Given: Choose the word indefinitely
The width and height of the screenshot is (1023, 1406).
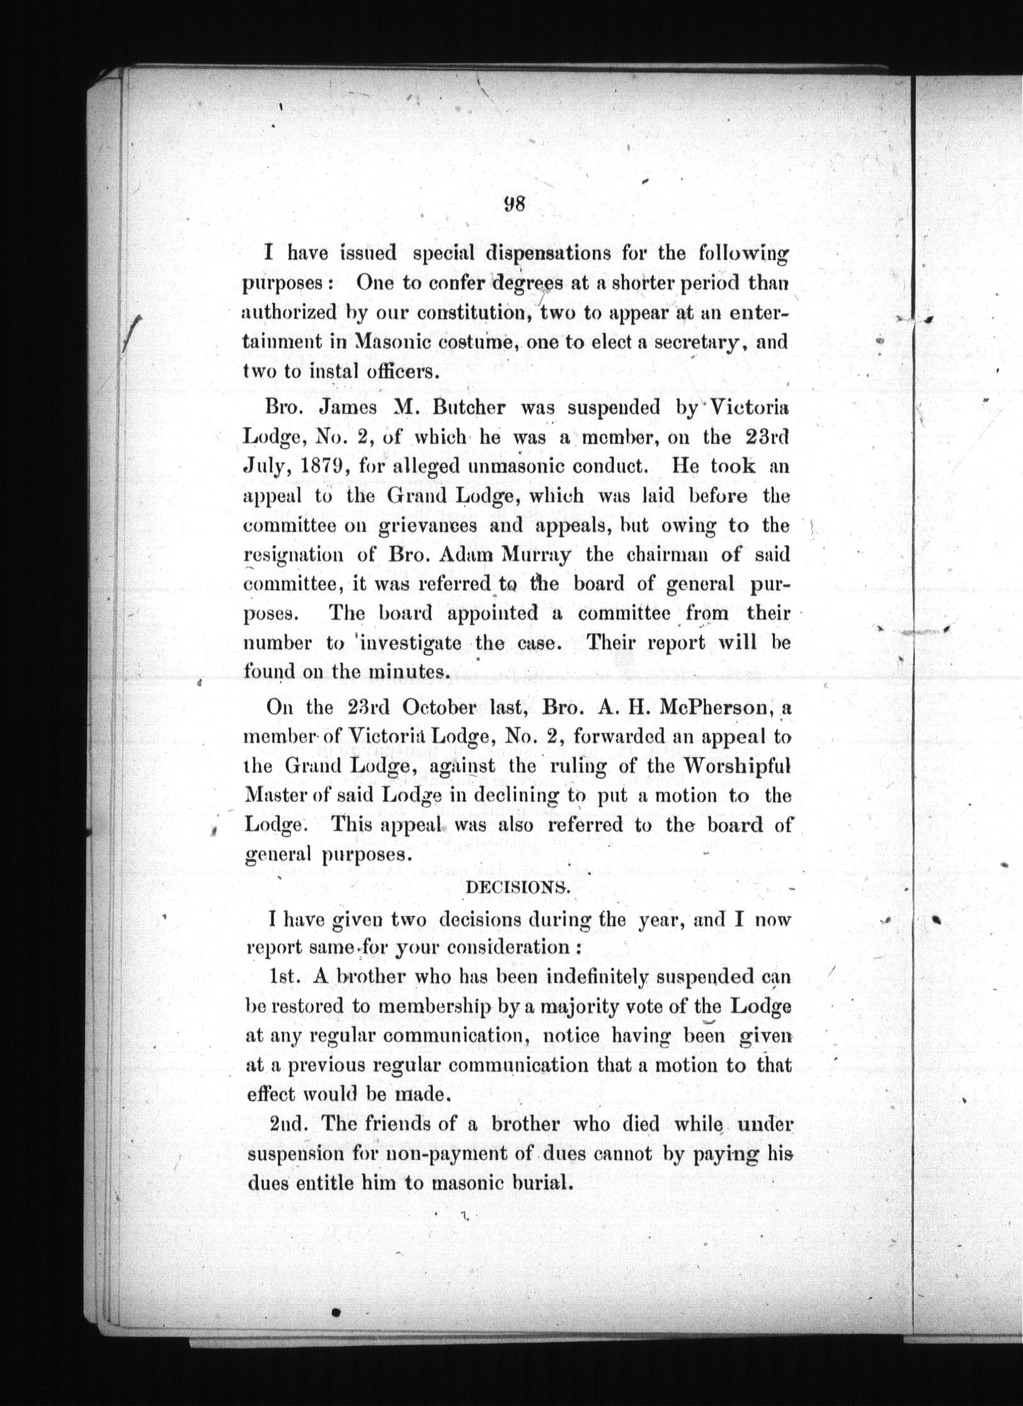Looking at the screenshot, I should (605, 977).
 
